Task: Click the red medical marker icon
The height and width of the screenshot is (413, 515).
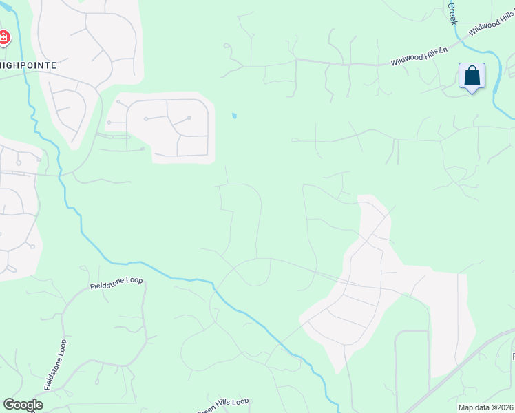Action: coord(4,37)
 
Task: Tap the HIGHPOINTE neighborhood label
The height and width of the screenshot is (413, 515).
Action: coord(28,64)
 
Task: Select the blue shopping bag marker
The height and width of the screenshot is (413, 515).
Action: coord(472,76)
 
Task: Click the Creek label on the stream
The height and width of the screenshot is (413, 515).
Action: coord(452,13)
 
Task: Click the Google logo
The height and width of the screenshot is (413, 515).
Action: coord(23,405)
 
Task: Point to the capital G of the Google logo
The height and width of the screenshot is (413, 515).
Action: coord(9,405)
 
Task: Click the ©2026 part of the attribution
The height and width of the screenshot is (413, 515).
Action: coord(502,407)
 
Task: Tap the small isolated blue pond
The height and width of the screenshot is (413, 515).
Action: coord(234,116)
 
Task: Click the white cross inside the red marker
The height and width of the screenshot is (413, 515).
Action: coord(3,37)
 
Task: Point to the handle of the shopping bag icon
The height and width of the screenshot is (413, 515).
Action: coord(472,70)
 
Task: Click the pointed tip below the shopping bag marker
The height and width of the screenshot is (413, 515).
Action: coord(472,92)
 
